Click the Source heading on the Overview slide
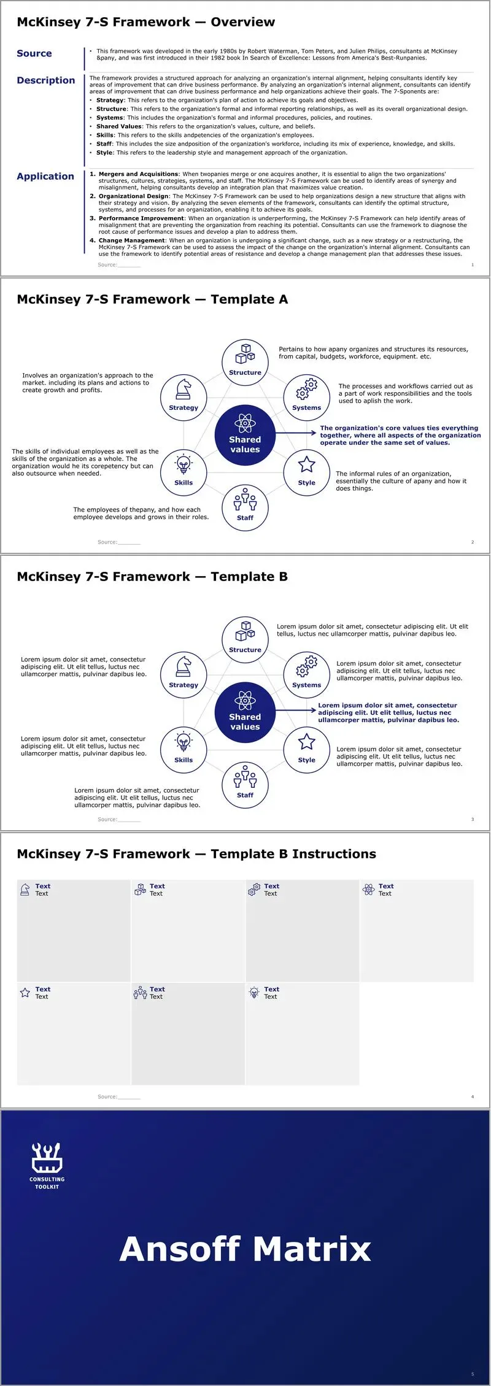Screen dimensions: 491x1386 tap(34, 53)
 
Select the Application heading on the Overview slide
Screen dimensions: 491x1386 tap(45, 177)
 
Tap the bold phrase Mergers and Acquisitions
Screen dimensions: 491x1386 tap(139, 174)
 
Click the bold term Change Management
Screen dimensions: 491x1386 tap(132, 241)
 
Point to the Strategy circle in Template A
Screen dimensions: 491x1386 tap(184, 398)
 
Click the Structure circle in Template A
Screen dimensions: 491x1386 tap(245, 362)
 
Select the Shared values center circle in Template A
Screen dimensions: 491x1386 tap(245, 435)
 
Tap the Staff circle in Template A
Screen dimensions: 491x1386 tap(245, 508)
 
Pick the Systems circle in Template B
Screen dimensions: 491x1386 tap(307, 675)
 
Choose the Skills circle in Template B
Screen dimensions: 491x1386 tap(184, 750)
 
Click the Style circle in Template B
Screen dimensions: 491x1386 tap(307, 750)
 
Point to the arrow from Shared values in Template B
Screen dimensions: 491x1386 tap(296, 710)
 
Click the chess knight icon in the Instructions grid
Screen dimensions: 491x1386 tap(25, 889)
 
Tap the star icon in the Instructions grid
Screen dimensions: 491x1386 tap(25, 992)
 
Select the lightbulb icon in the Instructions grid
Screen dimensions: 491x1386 tap(254, 992)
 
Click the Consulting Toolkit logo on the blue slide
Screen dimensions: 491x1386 tap(47, 1166)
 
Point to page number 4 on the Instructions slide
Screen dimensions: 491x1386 tap(473, 1096)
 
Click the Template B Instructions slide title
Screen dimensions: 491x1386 tap(196, 854)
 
